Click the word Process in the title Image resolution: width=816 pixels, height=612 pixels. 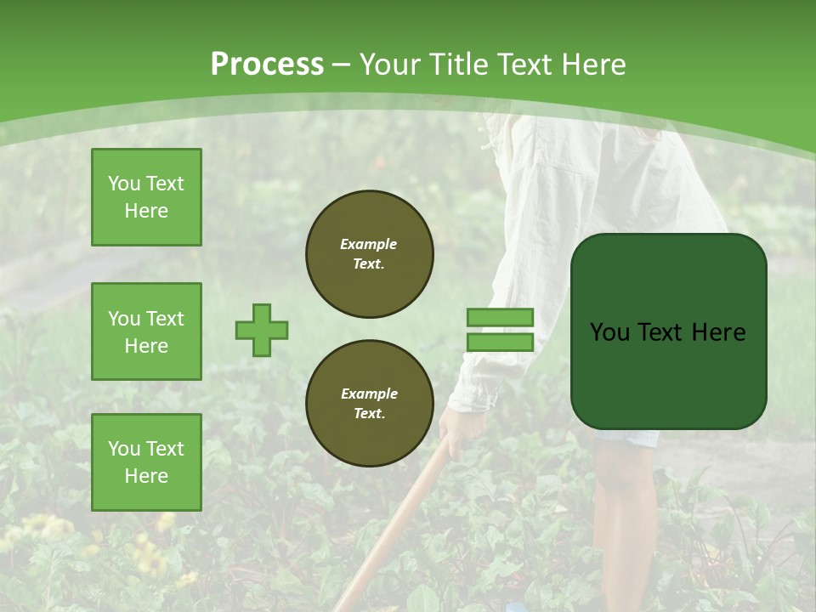[267, 64]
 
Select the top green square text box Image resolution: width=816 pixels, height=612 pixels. [146, 197]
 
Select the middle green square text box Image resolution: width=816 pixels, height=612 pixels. [146, 331]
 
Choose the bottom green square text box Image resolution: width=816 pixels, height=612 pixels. [146, 462]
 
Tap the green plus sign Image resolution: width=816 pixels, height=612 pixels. [262, 330]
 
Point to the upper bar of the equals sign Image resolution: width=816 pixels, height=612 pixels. [500, 317]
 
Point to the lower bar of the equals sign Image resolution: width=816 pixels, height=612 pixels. [500, 342]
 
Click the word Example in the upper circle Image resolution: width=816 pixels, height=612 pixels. [369, 244]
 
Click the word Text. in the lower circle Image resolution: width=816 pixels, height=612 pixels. [369, 414]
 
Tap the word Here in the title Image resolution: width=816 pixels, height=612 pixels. [593, 64]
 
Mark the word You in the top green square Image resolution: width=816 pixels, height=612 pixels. [123, 184]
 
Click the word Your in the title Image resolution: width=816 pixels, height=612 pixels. [389, 64]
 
